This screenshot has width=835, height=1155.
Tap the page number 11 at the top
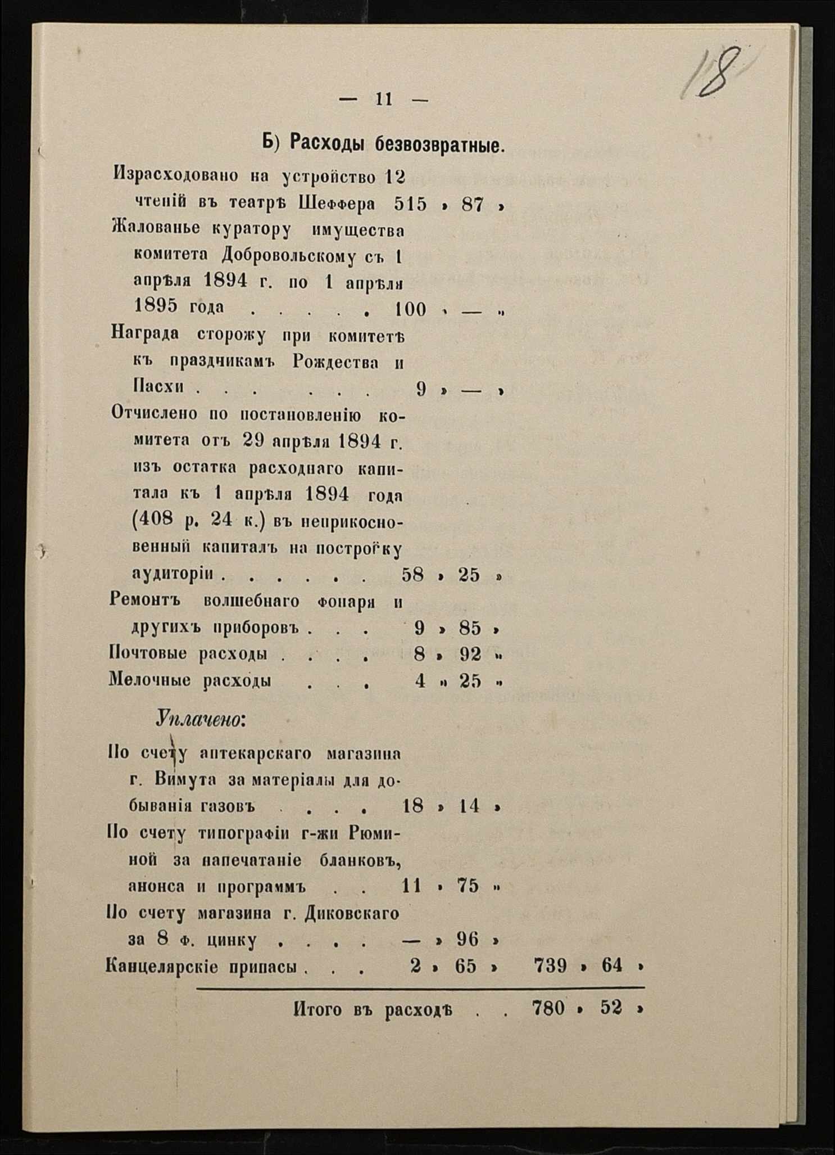click(383, 100)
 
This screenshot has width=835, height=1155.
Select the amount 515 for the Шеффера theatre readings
click(410, 204)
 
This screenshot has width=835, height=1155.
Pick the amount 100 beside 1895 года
click(410, 309)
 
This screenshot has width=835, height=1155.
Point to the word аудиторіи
click(172, 574)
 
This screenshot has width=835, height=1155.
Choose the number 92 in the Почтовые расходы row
click(470, 655)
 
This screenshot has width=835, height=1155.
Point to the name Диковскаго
click(351, 914)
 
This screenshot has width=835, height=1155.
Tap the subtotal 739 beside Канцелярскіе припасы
click(550, 965)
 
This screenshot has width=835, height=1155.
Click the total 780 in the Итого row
click(548, 1008)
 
